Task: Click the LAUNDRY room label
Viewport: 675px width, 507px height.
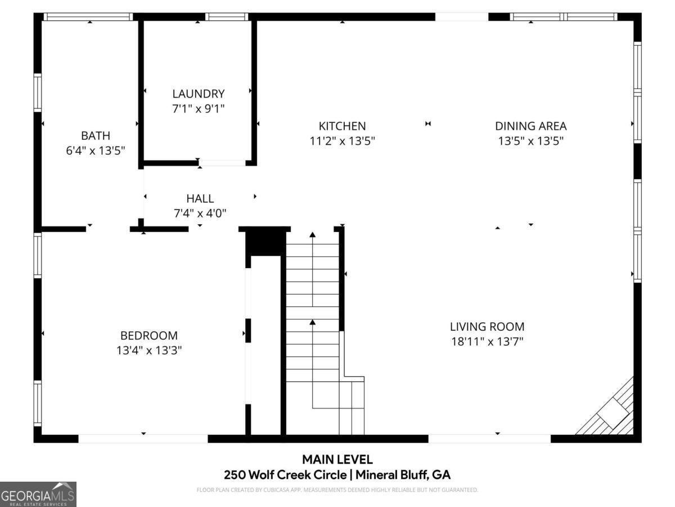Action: (x=198, y=94)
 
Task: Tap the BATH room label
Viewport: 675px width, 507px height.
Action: (x=95, y=136)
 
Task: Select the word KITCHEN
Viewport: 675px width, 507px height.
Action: (x=342, y=126)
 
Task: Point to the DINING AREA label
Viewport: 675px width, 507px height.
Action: (x=530, y=126)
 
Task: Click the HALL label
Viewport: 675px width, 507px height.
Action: (x=200, y=199)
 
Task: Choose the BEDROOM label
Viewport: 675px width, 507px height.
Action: (x=149, y=336)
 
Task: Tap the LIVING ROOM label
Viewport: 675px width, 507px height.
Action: (x=487, y=327)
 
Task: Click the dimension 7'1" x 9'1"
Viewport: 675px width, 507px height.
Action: (x=198, y=109)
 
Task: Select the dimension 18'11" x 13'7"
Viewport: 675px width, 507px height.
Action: (x=487, y=341)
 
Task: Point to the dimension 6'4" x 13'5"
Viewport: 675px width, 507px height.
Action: (x=95, y=150)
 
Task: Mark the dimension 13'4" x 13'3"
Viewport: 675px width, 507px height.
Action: (x=149, y=350)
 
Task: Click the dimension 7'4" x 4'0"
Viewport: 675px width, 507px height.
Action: (x=200, y=214)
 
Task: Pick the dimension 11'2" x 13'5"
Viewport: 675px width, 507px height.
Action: (x=342, y=141)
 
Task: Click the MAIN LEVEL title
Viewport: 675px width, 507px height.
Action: (x=337, y=460)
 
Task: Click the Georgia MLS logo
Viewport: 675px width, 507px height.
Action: (x=38, y=494)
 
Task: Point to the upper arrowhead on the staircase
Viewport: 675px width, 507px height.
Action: (x=312, y=234)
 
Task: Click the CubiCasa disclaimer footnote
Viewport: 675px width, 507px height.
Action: (x=337, y=490)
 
